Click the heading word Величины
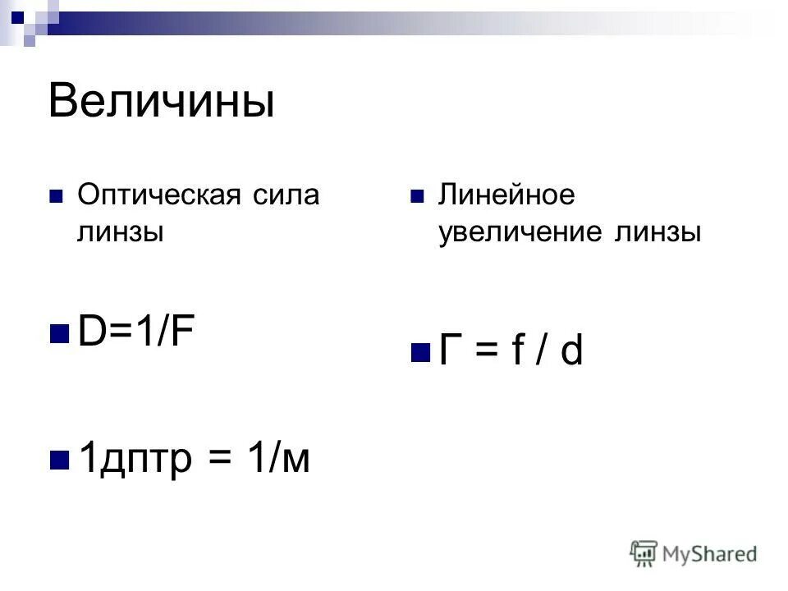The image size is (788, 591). click(161, 101)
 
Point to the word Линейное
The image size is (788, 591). click(506, 197)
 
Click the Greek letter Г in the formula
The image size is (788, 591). click(448, 351)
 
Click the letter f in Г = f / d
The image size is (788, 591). click(518, 351)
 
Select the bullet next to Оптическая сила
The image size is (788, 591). click(56, 198)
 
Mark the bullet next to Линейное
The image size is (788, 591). click(417, 198)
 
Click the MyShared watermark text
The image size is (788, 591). click(709, 554)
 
